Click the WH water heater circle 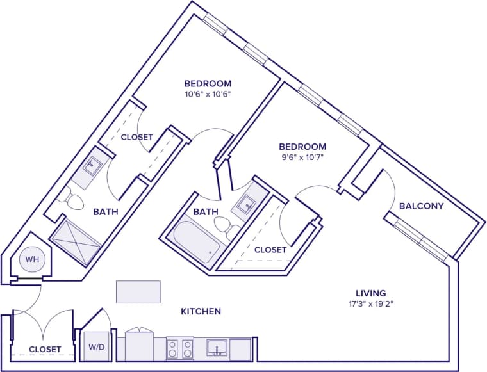(x=31, y=260)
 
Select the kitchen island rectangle (x=138, y=291)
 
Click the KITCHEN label (x=201, y=312)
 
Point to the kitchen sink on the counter (x=217, y=348)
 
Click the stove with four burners (x=180, y=348)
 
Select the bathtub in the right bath (x=193, y=245)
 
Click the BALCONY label (x=421, y=206)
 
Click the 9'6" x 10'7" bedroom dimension (x=301, y=158)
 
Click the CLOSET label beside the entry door (x=45, y=350)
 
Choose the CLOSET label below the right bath (x=270, y=250)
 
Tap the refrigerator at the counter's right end (x=242, y=349)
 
